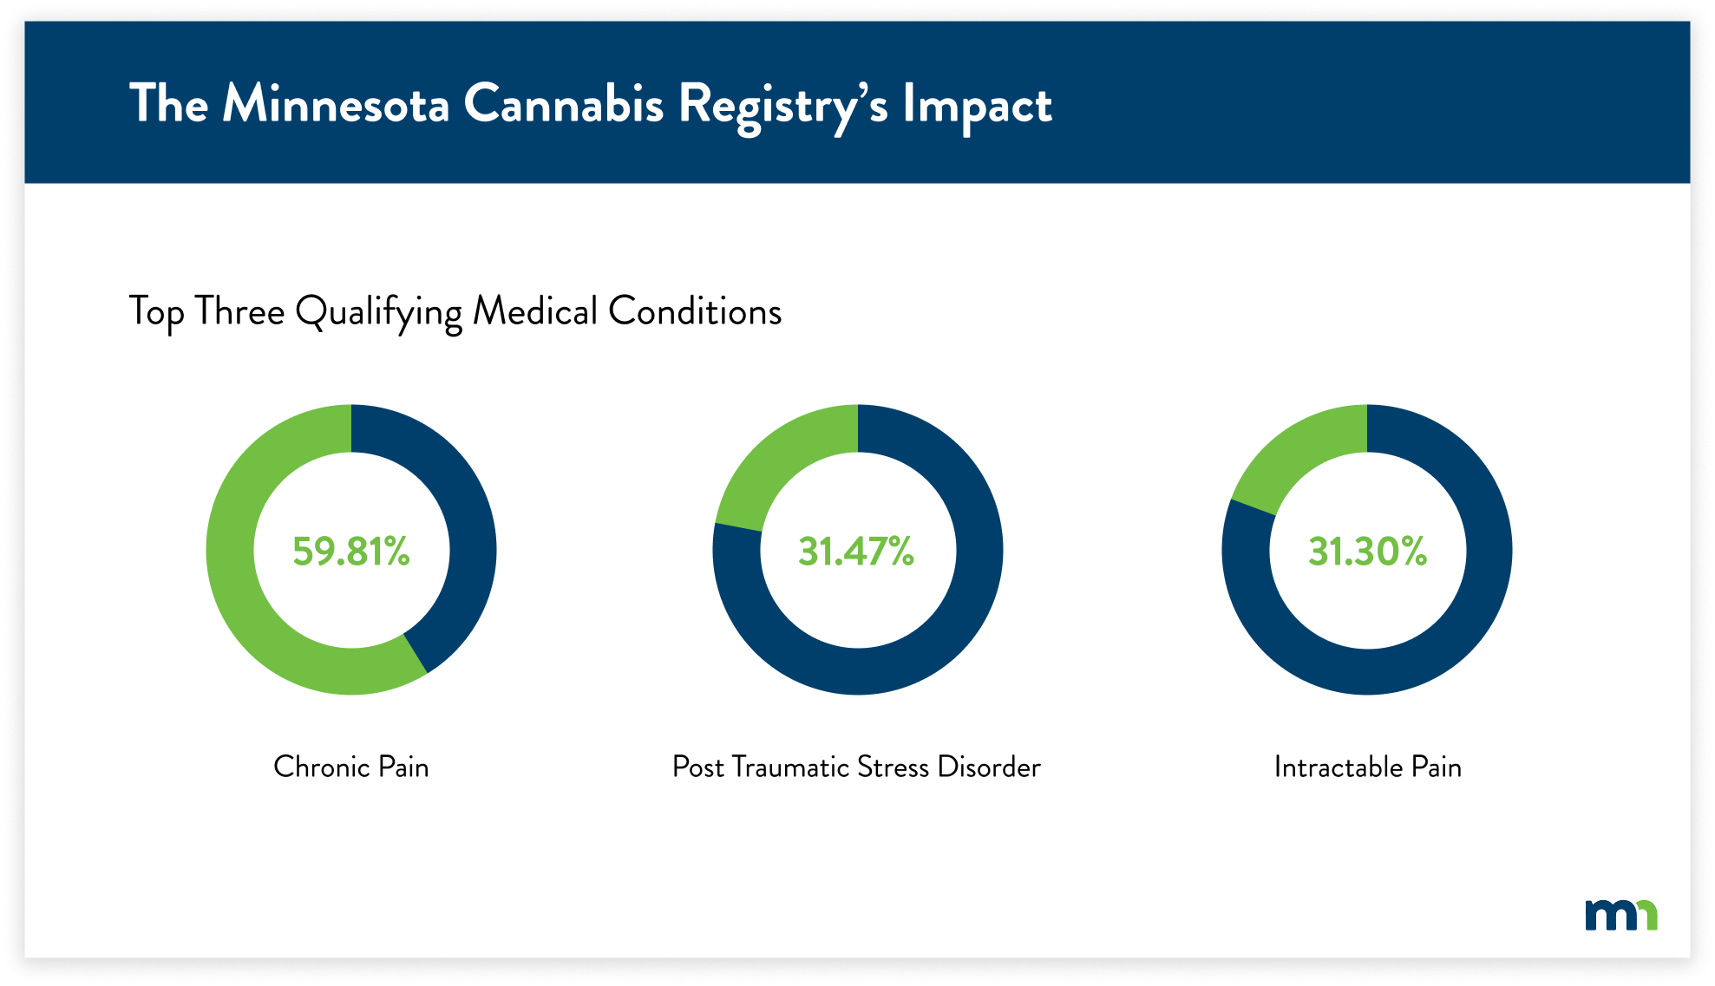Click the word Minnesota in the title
pos(336,104)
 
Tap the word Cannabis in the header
pos(563,104)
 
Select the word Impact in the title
pos(977,106)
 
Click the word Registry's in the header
pos(782,106)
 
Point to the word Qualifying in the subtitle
pos(378,312)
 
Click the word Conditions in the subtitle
pos(694,311)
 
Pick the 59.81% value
pos(350,551)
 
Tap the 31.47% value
pos(856,551)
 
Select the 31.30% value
pos(1367,551)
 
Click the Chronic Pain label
pos(350,767)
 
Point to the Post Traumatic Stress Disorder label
pos(856,767)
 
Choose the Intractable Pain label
pos(1367,767)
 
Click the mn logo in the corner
pos(1620,915)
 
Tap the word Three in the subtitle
pos(239,311)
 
